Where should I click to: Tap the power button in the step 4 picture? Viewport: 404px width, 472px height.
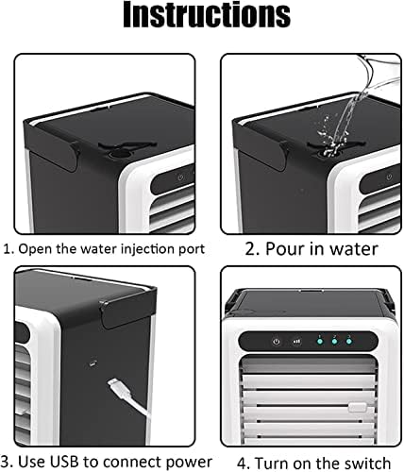point(275,342)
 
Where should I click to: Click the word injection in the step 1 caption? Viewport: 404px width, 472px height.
point(142,249)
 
